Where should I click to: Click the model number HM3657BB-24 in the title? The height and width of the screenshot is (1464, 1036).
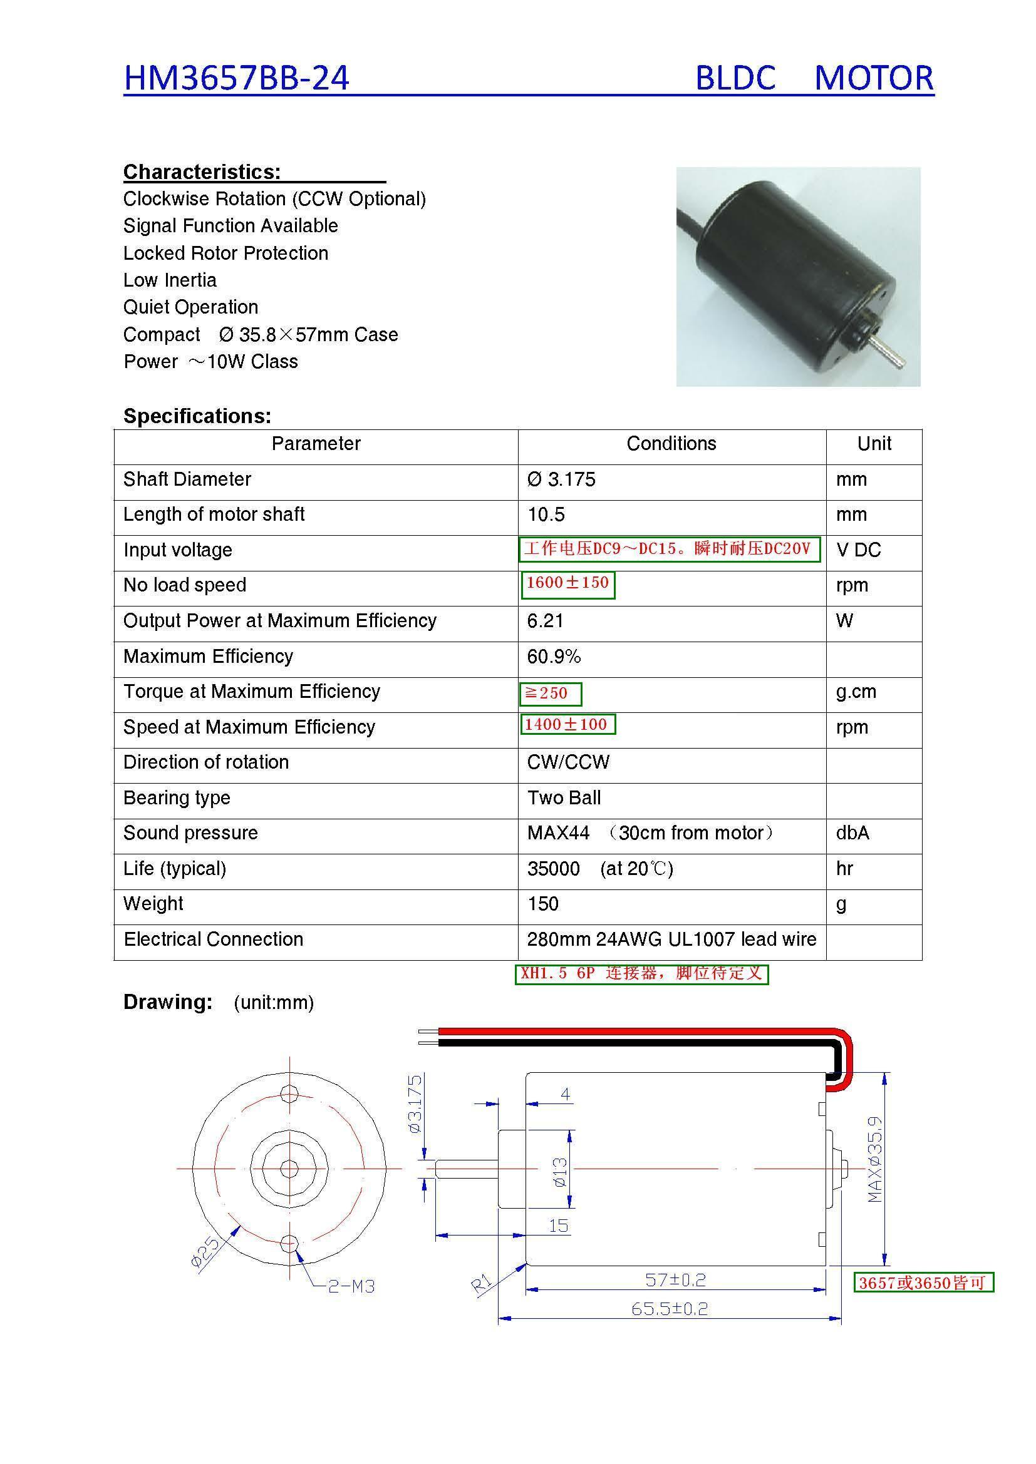236,78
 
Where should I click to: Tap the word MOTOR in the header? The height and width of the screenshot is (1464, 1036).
873,78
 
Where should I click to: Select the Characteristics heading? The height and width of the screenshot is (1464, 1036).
202,172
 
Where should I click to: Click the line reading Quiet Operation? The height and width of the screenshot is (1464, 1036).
191,307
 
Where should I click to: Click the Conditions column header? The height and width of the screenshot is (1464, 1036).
671,444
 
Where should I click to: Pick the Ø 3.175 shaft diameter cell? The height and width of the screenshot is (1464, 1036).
561,479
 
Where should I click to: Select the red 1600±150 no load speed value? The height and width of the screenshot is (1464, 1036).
567,583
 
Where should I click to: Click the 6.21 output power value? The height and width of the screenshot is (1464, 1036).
546,621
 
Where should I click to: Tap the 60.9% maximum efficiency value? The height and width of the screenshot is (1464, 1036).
554,657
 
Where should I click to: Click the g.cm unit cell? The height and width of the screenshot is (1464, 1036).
856,692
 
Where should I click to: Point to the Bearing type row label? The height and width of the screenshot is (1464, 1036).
177,797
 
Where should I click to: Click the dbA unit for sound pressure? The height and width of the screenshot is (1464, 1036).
852,833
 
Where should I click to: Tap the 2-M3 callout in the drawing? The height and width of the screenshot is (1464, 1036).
351,1286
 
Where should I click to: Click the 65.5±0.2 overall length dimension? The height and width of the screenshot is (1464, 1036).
670,1309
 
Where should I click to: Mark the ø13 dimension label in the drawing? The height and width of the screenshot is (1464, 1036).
560,1172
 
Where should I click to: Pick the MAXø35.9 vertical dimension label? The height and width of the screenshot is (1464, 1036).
875,1160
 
